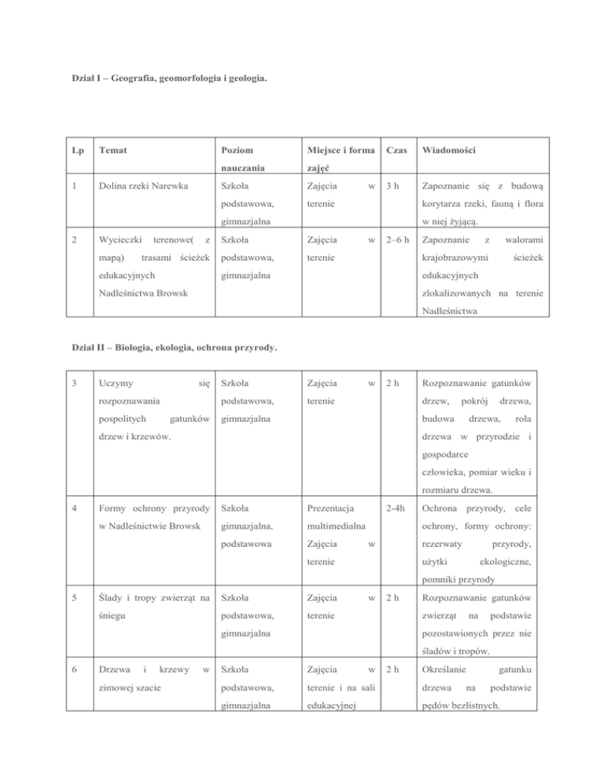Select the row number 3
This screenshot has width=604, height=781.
click(x=73, y=383)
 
